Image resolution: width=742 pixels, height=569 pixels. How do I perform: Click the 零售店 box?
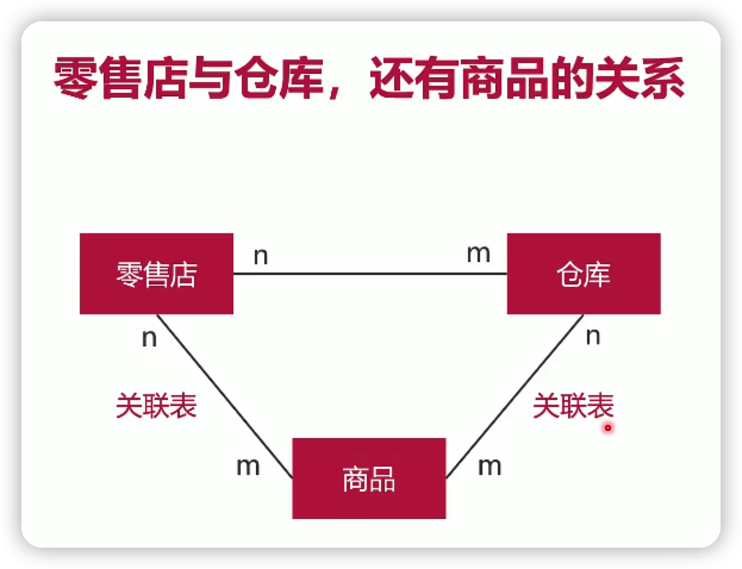click(x=156, y=274)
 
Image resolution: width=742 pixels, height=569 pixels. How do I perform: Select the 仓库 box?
click(x=584, y=274)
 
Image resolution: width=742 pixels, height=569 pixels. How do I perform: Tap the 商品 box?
click(x=369, y=479)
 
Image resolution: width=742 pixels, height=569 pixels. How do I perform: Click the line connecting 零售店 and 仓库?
click(x=369, y=274)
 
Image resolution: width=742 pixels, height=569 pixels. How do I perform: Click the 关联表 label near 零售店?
click(x=156, y=406)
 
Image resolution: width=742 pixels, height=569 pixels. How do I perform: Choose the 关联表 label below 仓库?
click(x=573, y=406)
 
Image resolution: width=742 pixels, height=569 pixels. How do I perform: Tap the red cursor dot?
click(x=608, y=427)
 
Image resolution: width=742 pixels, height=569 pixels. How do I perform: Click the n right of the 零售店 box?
click(x=261, y=256)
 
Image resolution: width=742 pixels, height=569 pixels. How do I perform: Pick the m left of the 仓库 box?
click(x=478, y=254)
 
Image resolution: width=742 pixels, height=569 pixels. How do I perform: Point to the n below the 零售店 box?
click(x=149, y=338)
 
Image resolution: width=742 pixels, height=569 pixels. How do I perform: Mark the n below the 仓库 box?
click(x=593, y=336)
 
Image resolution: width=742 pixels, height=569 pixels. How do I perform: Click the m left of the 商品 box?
click(x=248, y=467)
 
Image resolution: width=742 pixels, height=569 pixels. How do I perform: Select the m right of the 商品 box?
click(x=490, y=467)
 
